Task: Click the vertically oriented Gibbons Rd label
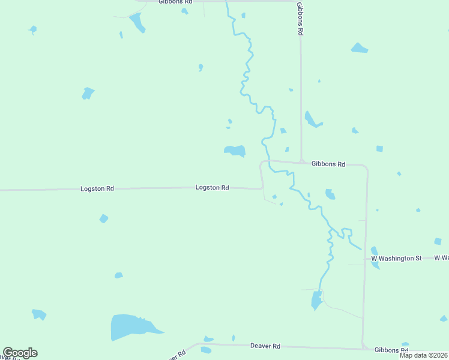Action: click(299, 19)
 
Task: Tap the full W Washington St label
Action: click(396, 258)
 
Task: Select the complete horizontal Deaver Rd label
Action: click(265, 346)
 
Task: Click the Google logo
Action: click(20, 353)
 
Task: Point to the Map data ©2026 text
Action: click(424, 355)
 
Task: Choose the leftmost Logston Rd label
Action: click(97, 188)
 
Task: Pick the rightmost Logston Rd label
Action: click(212, 188)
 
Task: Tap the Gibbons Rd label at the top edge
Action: click(175, 2)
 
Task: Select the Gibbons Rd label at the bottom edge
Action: click(391, 350)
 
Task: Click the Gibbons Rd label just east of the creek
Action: click(328, 164)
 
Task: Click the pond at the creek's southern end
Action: click(316, 299)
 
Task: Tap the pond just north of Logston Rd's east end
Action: click(235, 150)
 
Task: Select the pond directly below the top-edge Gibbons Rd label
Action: click(137, 22)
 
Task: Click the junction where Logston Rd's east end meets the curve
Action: click(262, 188)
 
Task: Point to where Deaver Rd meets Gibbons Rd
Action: click(363, 347)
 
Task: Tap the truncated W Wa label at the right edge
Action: click(442, 258)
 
